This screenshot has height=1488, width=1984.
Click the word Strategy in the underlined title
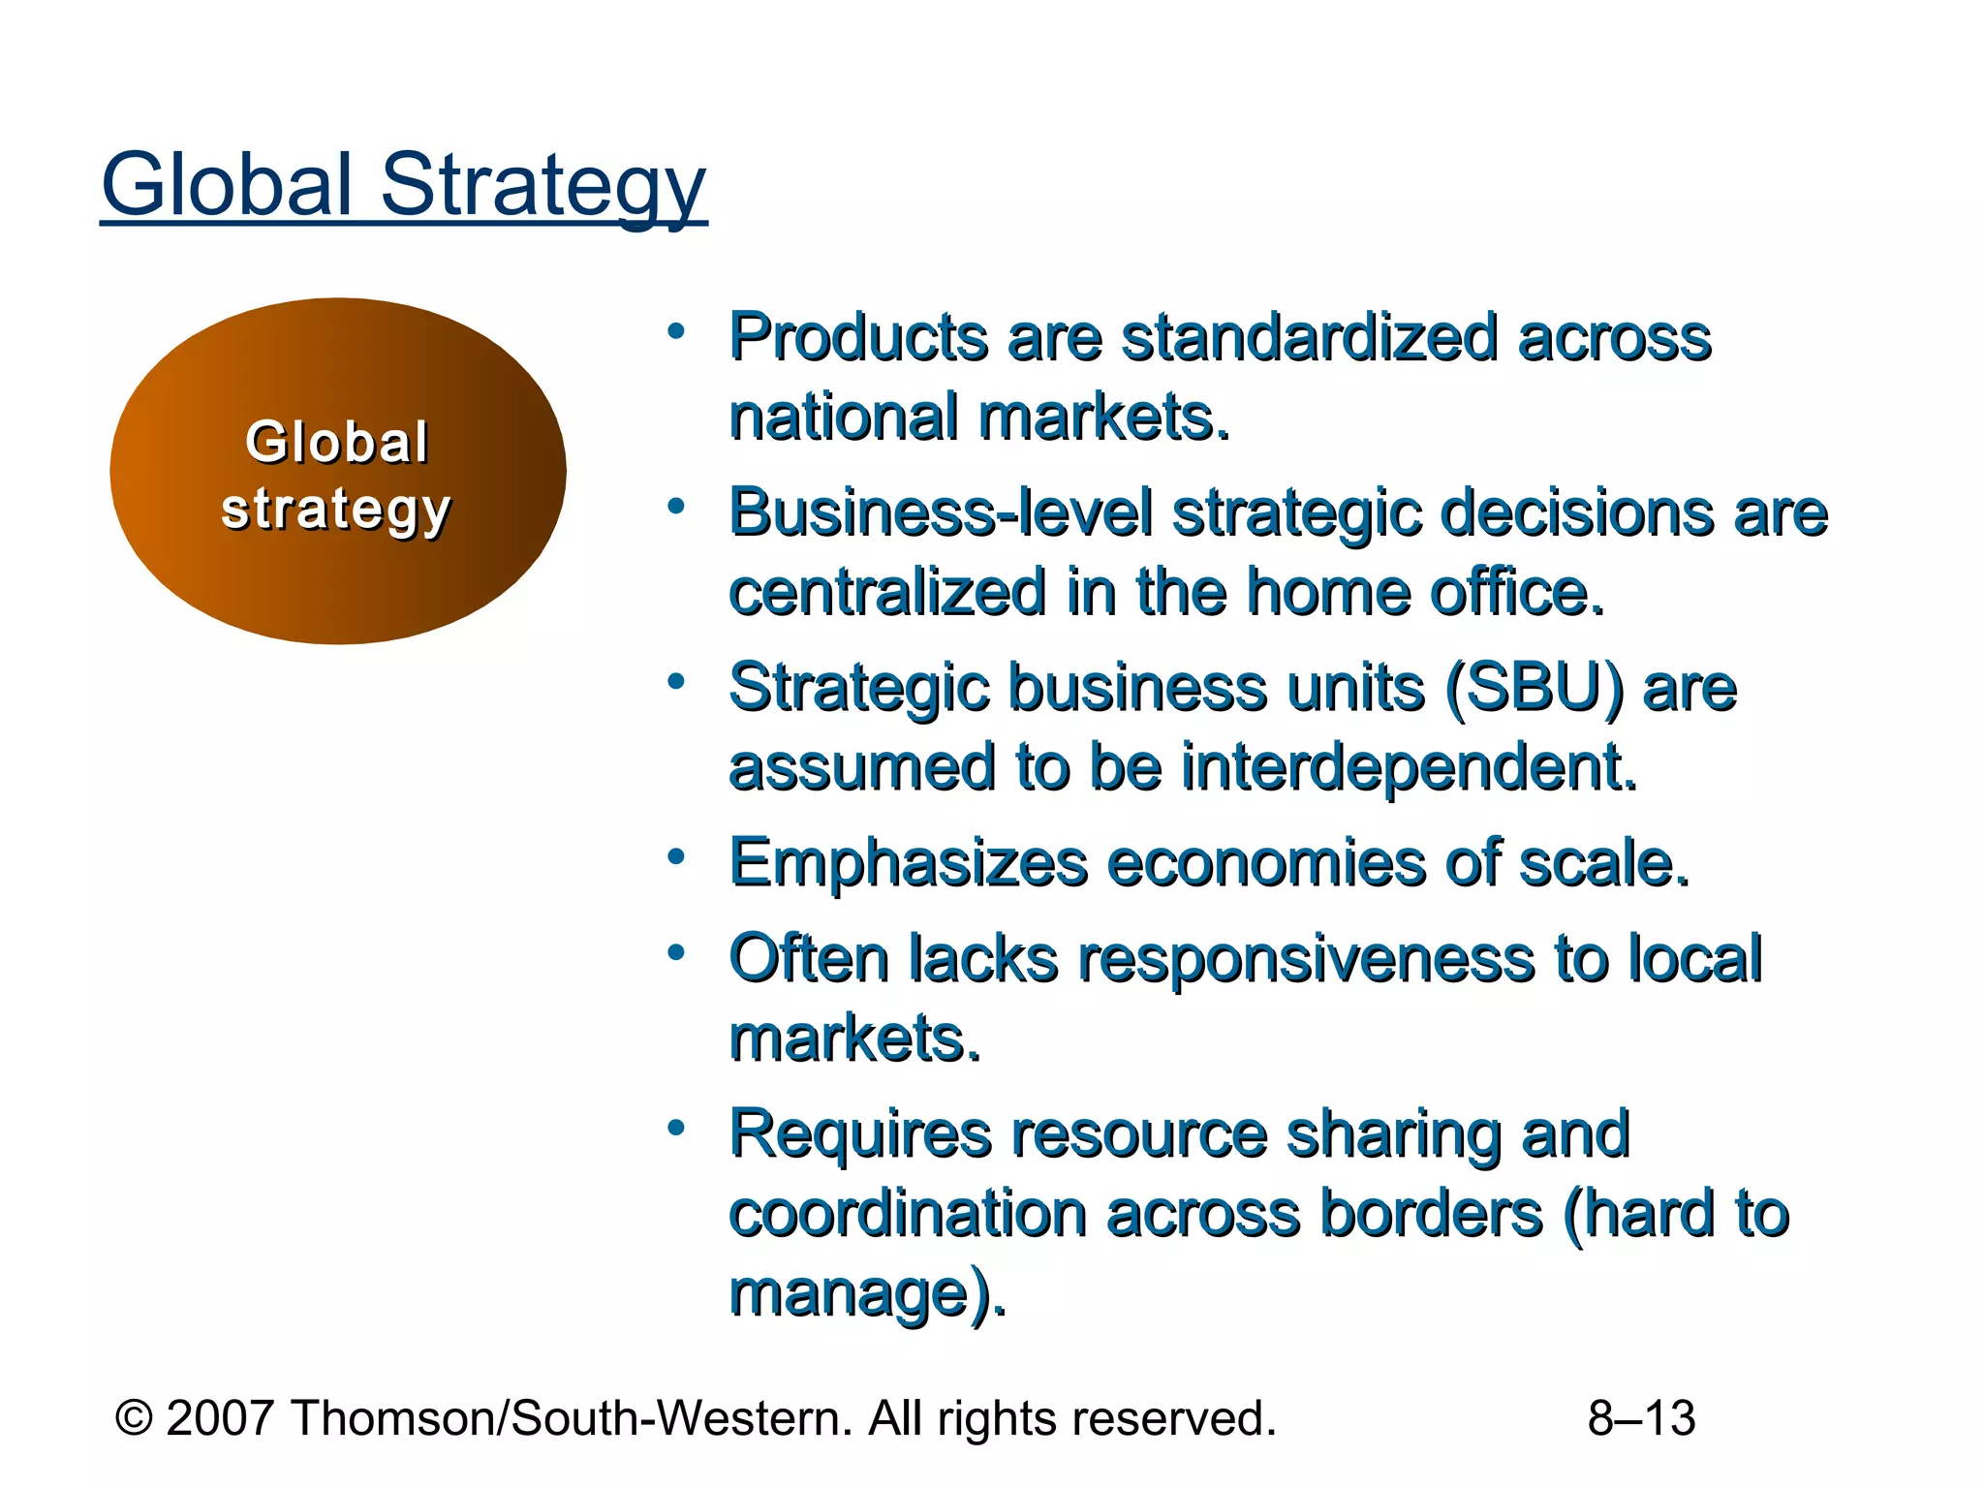(542, 186)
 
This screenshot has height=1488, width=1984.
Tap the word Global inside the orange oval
(336, 443)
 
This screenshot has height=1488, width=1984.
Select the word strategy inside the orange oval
(336, 510)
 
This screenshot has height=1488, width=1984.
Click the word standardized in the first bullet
(1309, 338)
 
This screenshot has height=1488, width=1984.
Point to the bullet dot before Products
(676, 331)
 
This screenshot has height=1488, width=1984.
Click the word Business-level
(941, 512)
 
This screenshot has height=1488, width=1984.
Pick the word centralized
(887, 592)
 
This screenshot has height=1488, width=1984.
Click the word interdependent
(1410, 767)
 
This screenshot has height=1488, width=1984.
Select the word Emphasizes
(908, 863)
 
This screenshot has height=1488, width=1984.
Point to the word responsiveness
(1307, 959)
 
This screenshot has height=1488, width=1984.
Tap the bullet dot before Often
(676, 953)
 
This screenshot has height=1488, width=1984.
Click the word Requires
(861, 1134)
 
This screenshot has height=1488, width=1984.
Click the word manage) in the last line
(866, 1293)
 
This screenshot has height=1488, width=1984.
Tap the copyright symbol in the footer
(134, 1418)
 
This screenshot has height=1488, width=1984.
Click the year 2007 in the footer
(220, 1418)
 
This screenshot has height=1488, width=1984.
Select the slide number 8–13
(1641, 1418)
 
